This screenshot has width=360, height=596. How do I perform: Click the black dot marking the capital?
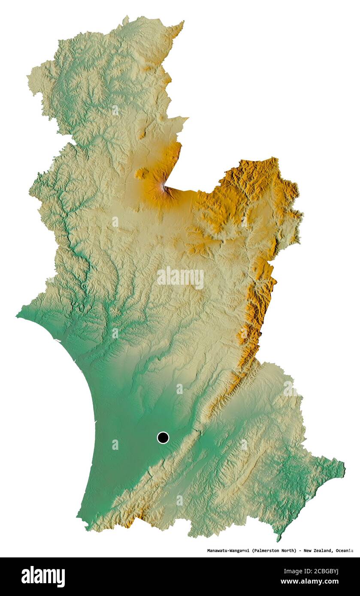pyautogui.click(x=163, y=437)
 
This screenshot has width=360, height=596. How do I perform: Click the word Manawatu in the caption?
pyautogui.click(x=218, y=550)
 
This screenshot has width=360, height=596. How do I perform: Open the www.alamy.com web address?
pyautogui.click(x=313, y=582)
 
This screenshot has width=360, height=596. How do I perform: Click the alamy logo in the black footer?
pyautogui.click(x=43, y=577)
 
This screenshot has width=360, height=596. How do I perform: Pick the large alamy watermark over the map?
pyautogui.click(x=180, y=278)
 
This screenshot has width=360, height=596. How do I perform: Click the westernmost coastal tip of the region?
pyautogui.click(x=17, y=316)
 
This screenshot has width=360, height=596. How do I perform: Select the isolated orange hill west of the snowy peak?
pyautogui.click(x=142, y=173)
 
